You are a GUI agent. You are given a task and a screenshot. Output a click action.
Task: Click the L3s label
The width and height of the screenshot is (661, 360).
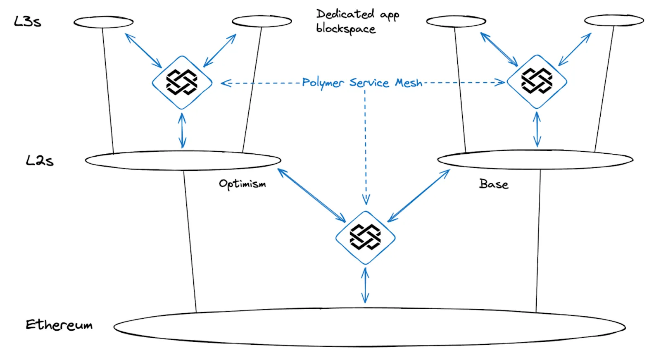point(27,21)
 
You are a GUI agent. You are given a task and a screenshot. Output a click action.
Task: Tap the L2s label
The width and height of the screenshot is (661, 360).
point(40,160)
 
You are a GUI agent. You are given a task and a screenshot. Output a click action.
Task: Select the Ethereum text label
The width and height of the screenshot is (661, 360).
point(59,325)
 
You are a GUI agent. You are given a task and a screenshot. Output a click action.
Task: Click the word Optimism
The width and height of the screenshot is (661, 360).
point(242,184)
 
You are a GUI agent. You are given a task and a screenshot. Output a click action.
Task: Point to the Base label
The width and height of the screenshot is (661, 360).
point(494,184)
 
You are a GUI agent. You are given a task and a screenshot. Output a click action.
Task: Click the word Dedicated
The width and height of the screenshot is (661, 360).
point(345,14)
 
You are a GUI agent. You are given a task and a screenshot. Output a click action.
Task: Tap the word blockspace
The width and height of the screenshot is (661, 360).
point(346,29)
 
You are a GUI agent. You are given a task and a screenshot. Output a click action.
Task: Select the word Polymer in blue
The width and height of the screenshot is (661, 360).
point(322,83)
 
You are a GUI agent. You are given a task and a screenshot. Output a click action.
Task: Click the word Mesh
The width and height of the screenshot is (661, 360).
point(409,83)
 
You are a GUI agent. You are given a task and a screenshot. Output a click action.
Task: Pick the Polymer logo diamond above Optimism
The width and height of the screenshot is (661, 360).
point(182,82)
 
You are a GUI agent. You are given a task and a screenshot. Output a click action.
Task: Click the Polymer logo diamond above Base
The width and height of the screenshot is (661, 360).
point(537,81)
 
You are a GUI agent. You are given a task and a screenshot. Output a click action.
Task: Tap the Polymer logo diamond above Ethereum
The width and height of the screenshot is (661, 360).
point(365,238)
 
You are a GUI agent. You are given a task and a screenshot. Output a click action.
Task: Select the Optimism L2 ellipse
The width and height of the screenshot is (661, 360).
point(183,160)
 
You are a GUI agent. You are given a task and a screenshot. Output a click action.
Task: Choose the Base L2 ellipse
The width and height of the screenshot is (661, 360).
point(535,160)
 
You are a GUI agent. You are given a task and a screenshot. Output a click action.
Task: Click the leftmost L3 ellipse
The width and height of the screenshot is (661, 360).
point(103,22)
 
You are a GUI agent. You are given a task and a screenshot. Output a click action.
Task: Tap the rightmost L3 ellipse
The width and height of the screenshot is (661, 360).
point(614,20)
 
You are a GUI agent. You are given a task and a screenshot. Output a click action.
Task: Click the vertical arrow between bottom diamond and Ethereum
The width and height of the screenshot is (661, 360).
point(365,286)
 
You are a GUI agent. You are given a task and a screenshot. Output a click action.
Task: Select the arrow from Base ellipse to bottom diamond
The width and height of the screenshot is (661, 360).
point(418,195)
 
